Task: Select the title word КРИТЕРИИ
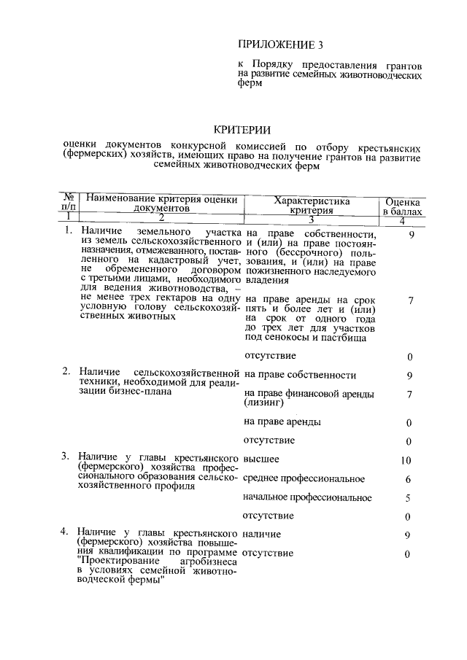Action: [x=242, y=130]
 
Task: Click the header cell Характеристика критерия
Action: [x=311, y=205]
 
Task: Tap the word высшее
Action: [x=262, y=459]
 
